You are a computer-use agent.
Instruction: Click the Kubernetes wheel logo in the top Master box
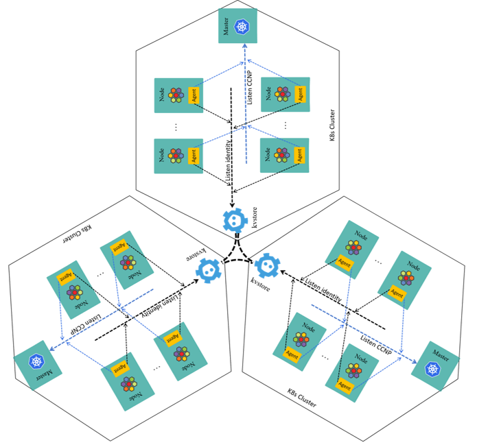[x=242, y=27]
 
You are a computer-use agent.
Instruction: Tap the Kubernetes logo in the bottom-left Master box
[x=36, y=361]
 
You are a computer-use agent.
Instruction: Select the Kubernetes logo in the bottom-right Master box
[x=432, y=370]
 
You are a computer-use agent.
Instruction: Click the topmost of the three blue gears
[x=235, y=221]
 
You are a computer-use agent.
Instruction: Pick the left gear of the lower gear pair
[x=209, y=270]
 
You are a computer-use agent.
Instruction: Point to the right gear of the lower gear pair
[x=268, y=265]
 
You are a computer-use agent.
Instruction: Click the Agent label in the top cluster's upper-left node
[x=194, y=96]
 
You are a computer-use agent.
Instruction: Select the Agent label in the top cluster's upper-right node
[x=300, y=95]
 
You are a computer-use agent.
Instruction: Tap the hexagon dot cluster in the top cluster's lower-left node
[x=176, y=156]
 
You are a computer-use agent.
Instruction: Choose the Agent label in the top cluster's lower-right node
[x=299, y=155]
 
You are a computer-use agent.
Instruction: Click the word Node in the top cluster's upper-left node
[x=162, y=95]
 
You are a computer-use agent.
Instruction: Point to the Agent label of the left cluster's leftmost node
[x=65, y=278]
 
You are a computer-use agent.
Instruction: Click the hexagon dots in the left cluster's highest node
[x=128, y=262]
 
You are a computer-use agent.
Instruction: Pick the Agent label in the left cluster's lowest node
[x=119, y=368]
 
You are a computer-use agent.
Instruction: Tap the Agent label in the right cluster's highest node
[x=344, y=263]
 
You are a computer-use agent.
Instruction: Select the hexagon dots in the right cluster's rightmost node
[x=406, y=278]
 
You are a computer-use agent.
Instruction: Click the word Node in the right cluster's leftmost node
[x=309, y=328]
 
